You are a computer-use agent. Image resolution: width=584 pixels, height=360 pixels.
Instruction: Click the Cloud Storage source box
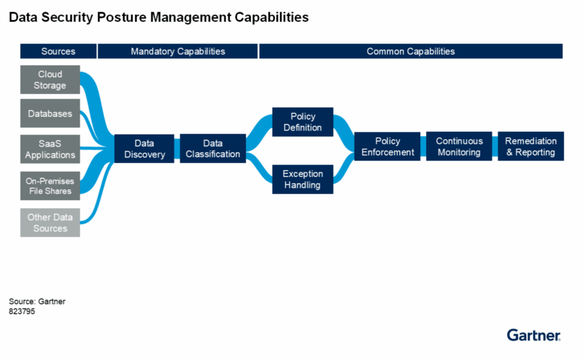coord(50,80)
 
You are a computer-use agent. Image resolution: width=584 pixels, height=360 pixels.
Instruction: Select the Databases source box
coord(50,114)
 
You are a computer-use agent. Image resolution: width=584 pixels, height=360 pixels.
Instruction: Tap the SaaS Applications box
coord(50,149)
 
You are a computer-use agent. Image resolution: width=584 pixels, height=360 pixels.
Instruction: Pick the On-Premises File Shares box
coord(50,186)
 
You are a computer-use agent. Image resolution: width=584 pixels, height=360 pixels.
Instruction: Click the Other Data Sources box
coord(50,223)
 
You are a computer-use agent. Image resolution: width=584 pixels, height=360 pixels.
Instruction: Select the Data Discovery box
coord(144,149)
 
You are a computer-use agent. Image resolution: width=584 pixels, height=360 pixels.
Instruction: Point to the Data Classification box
coord(213,149)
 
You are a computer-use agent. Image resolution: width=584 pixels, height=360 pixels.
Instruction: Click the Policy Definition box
coord(302,122)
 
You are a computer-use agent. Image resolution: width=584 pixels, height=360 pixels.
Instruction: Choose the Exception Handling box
coord(302,179)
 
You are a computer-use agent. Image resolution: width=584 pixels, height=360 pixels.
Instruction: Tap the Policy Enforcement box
coord(388,147)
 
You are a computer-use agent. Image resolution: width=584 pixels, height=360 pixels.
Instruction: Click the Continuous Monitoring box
coord(459,147)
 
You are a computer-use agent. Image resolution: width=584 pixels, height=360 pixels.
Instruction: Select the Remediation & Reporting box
coord(531,147)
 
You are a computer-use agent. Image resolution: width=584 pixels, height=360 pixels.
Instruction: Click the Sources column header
coord(58,51)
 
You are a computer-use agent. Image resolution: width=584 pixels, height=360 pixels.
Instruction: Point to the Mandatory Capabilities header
coord(178,51)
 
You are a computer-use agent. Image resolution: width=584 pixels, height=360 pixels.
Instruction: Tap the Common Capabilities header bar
coord(411,51)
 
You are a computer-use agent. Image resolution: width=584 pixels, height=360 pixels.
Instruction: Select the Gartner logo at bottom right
coord(533,335)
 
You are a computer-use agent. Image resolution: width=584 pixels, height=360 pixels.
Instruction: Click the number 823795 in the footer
coord(22,312)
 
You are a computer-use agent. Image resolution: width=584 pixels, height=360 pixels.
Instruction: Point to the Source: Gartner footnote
coord(37,301)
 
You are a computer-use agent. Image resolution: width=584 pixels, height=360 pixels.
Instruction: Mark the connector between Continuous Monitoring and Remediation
coord(495,147)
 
